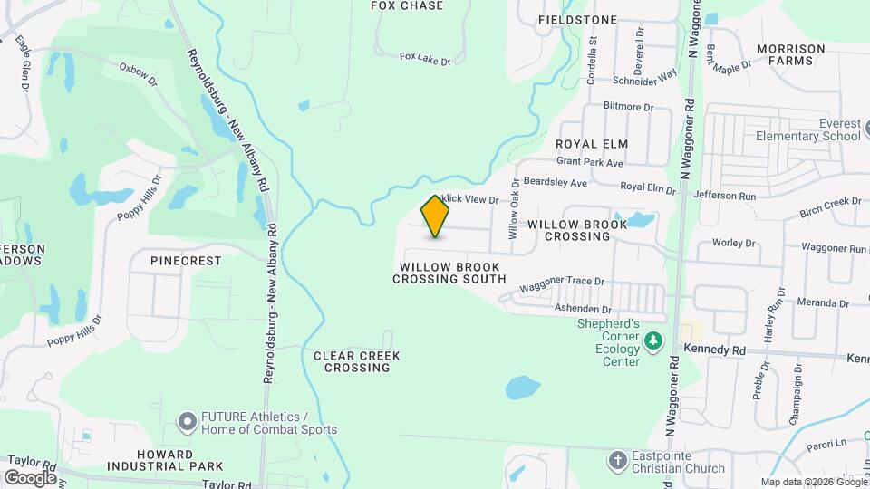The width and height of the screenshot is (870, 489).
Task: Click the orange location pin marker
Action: (x=436, y=216)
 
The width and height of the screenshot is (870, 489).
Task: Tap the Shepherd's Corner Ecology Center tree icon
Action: (x=653, y=340)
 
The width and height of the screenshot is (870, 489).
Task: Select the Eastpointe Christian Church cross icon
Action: (x=618, y=459)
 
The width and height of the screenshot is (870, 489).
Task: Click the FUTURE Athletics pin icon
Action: (x=188, y=421)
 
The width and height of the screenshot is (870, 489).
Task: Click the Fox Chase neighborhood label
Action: (x=408, y=5)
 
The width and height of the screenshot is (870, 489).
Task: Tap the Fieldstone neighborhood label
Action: (x=577, y=19)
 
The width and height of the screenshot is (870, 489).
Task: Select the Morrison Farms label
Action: (x=790, y=54)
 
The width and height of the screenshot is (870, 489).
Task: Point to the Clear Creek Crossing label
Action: (x=357, y=361)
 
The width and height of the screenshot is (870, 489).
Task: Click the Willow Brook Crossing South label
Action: (x=449, y=273)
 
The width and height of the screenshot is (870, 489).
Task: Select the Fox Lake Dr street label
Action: (x=425, y=58)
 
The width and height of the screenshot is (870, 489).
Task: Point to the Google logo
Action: (x=30, y=477)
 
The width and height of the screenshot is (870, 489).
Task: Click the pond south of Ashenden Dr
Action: (x=521, y=388)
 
